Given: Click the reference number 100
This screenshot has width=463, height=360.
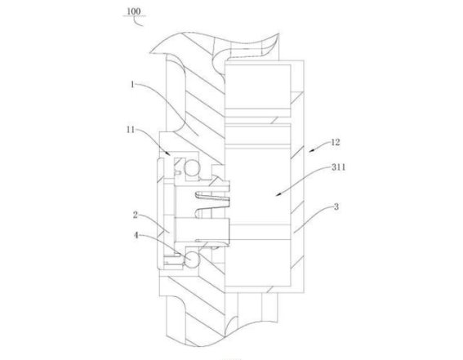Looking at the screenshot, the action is [x=133, y=11].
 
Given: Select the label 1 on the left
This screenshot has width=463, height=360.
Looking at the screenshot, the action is [x=132, y=85].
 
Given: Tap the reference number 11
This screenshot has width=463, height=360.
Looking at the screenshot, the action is [x=131, y=130].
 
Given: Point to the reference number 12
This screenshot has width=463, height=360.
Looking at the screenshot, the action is [x=335, y=142].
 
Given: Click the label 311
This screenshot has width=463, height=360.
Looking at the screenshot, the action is [x=338, y=167].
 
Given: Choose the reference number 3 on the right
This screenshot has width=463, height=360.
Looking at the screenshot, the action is [x=336, y=207].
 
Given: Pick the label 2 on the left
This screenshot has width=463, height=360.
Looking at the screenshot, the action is [x=136, y=215].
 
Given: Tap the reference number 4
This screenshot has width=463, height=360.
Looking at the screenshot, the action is [x=136, y=235].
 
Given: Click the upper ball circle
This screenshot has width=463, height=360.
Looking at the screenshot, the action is [x=192, y=168].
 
